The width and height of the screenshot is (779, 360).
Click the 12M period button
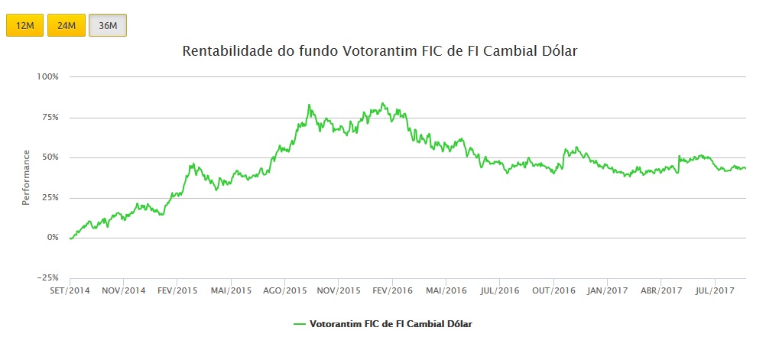(25, 25)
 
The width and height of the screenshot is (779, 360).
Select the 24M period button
(67, 25)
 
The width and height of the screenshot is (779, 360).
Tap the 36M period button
(108, 25)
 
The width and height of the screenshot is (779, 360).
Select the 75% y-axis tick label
(49, 117)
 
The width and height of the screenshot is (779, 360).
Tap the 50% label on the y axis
(49, 157)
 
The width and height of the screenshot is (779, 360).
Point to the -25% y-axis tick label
(47, 277)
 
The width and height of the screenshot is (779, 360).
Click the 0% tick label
(52, 238)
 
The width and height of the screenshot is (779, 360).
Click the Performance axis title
(26, 177)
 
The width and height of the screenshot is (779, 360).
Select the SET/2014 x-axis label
(70, 291)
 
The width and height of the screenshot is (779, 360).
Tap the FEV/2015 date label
(177, 291)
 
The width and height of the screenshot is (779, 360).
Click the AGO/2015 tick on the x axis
(284, 291)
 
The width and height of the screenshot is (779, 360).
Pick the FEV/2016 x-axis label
(391, 291)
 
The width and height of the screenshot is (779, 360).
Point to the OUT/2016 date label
(553, 291)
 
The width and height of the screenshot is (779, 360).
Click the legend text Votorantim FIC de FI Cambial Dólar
(391, 324)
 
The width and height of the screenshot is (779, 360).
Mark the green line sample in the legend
(300, 324)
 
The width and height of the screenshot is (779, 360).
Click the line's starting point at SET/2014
(70, 238)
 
